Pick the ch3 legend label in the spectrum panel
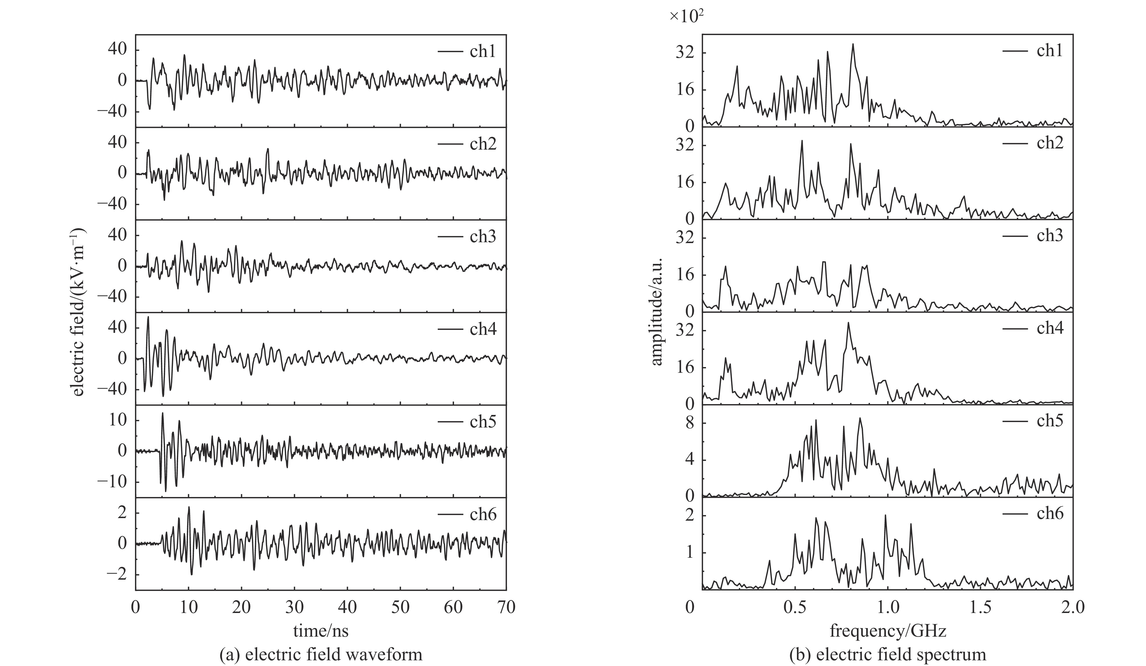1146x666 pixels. coord(1050,235)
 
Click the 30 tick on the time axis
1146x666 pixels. coord(294,607)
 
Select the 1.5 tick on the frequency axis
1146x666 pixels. coord(980,607)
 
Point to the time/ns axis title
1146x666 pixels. coord(321,631)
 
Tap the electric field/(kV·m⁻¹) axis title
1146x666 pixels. coord(78,312)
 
